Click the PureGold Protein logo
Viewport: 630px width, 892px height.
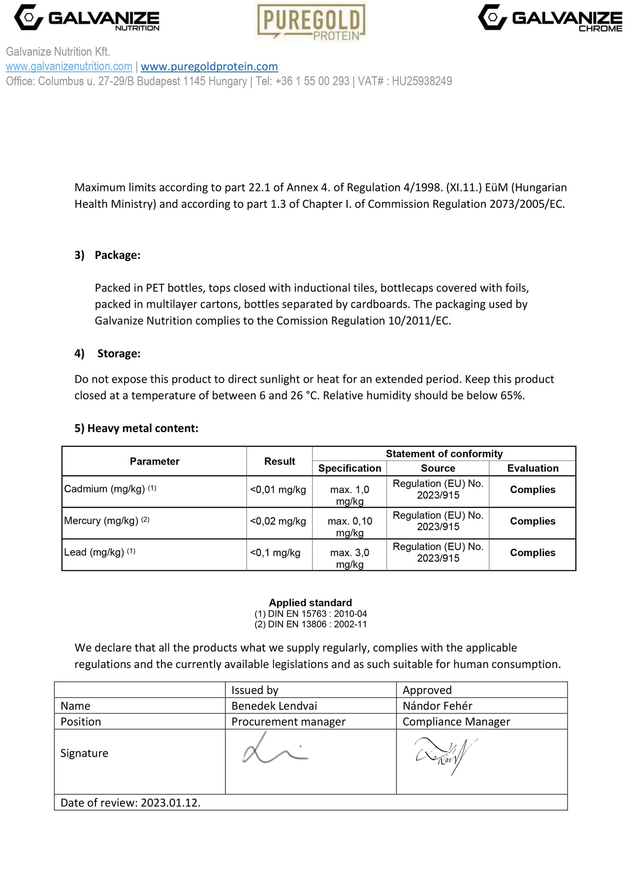click(x=312, y=22)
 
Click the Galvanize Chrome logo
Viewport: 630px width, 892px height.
click(x=550, y=18)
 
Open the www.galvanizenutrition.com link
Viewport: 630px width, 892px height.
click(x=69, y=66)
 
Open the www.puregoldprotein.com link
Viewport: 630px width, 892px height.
click(x=209, y=66)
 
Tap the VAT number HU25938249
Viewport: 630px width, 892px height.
click(x=421, y=81)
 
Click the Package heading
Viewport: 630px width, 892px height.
click(x=117, y=255)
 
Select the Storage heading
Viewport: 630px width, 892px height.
click(x=119, y=354)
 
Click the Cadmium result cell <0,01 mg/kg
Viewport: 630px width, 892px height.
click(x=278, y=490)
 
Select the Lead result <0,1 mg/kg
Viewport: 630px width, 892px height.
click(x=275, y=553)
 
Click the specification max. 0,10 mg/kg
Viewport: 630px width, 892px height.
click(x=350, y=527)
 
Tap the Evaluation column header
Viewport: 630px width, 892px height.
click(x=533, y=468)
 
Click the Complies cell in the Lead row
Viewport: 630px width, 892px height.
click(x=533, y=553)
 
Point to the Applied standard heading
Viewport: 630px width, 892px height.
click(x=310, y=603)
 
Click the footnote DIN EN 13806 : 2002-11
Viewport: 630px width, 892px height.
click(x=311, y=625)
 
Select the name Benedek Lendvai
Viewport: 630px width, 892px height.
click(x=274, y=706)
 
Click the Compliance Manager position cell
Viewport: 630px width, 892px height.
click(x=456, y=722)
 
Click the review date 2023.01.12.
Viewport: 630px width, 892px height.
click(x=170, y=803)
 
